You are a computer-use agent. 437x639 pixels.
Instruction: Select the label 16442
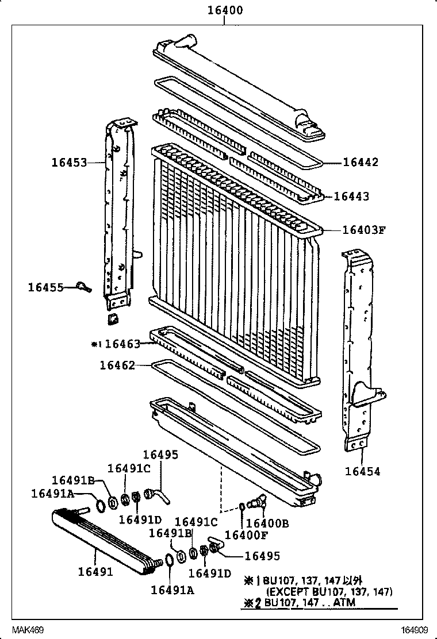[x=361, y=163]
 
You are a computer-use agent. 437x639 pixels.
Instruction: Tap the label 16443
[x=351, y=197]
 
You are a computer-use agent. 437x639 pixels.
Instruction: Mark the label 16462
[x=117, y=365]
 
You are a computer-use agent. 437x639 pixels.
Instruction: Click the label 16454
[x=363, y=472]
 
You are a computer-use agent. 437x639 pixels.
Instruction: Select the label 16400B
[x=267, y=523]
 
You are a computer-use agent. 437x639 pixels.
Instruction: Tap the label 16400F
[x=246, y=535]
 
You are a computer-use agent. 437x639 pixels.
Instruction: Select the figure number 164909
[x=416, y=630]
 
